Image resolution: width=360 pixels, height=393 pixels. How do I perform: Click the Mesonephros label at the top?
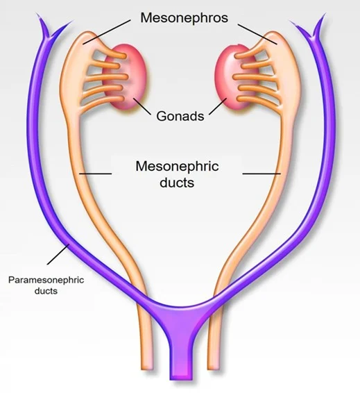(185, 17)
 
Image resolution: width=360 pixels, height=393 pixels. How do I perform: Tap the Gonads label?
(180, 116)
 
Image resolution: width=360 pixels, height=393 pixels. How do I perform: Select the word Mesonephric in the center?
(177, 166)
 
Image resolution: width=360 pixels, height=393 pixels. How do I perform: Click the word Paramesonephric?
(46, 280)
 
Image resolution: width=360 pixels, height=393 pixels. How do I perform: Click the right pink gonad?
(235, 76)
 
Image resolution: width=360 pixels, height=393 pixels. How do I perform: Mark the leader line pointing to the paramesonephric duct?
(58, 254)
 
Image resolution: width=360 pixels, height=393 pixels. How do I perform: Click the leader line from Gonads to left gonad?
(142, 106)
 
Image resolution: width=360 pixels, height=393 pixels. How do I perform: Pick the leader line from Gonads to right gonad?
(218, 106)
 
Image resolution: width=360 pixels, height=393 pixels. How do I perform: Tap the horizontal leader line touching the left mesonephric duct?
(96, 173)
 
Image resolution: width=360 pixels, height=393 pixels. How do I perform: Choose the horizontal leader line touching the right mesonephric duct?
(262, 173)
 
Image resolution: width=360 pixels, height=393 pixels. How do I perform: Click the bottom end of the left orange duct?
(146, 369)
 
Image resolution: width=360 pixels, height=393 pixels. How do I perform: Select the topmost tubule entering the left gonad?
(110, 53)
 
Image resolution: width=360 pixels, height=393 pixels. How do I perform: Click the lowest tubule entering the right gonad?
(258, 101)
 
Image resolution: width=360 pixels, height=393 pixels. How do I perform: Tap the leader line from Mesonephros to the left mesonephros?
(107, 32)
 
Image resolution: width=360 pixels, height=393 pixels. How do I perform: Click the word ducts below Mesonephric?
(177, 182)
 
